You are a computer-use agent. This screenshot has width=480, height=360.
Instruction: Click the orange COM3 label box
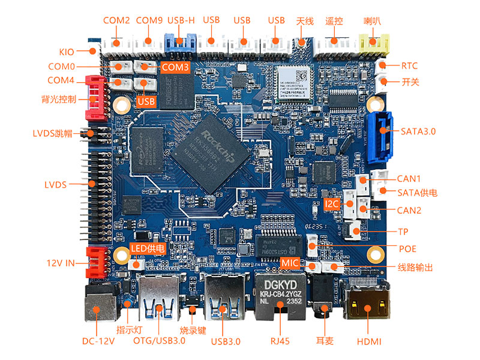(176, 67)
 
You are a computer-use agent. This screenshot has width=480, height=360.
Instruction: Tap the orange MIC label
(290, 263)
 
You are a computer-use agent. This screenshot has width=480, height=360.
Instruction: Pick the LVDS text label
(55, 184)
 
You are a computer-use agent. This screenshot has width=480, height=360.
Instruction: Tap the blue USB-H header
(181, 42)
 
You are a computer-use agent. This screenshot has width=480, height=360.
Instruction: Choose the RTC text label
(409, 66)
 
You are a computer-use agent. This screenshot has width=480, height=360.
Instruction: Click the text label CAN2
(409, 210)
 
